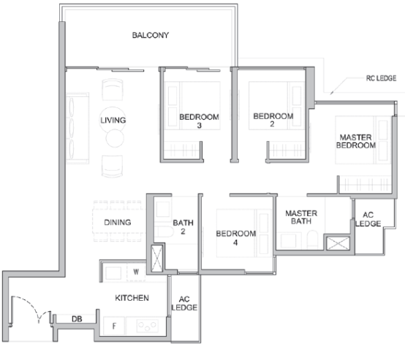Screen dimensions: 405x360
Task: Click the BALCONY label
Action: [x=151, y=35]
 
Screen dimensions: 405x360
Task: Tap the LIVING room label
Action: [x=113, y=120]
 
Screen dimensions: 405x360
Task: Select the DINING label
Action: [x=118, y=222]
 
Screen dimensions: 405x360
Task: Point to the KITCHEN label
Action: [x=132, y=298]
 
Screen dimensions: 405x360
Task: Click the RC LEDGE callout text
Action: [x=381, y=78]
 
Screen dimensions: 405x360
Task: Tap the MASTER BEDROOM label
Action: [x=356, y=141]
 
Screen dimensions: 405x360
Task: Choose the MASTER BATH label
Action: [x=301, y=217]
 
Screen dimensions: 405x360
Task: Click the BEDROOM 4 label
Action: [x=236, y=238]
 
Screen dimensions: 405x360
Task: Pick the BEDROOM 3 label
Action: [x=199, y=121]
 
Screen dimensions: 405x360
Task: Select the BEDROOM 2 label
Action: [x=273, y=120]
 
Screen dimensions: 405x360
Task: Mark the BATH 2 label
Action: [x=183, y=227]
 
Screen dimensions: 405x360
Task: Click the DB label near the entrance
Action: [x=77, y=319]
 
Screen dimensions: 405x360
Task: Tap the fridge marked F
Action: [x=114, y=326]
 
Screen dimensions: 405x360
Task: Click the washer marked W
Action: [x=136, y=272]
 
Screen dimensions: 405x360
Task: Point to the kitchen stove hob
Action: [x=148, y=326]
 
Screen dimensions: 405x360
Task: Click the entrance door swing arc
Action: [x=32, y=305]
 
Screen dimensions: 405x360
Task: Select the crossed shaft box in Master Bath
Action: [x=338, y=243]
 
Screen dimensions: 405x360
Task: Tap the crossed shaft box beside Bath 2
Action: [x=156, y=258]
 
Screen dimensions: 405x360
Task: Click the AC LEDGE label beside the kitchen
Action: [x=184, y=303]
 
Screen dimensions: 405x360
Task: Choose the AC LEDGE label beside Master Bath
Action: [x=368, y=219]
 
